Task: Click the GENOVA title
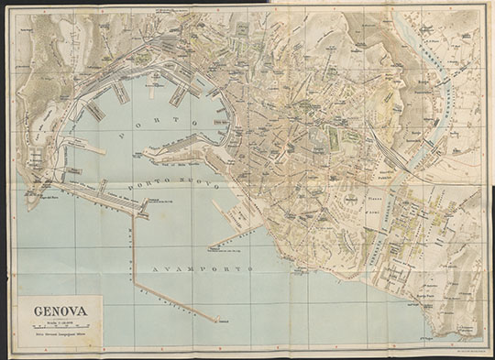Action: pyautogui.click(x=61, y=310)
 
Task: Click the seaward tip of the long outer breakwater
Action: pyautogui.click(x=218, y=321)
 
